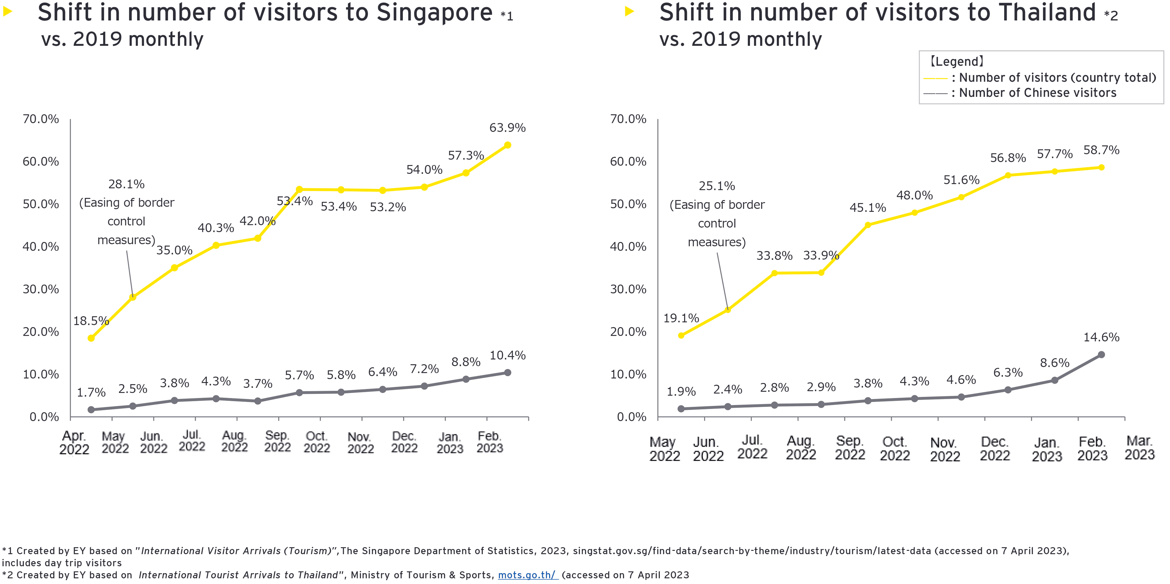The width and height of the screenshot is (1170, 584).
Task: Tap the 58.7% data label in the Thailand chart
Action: tap(1101, 150)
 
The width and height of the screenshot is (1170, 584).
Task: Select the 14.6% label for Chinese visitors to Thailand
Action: tap(1101, 337)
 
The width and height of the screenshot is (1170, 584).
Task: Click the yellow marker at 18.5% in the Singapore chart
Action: tap(91, 338)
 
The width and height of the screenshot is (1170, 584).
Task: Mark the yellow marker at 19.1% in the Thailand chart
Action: tap(681, 335)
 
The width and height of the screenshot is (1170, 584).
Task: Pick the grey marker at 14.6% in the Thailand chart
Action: tap(1101, 355)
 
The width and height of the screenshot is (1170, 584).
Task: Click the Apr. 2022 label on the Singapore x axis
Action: tap(74, 442)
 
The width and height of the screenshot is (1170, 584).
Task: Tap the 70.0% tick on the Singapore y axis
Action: tap(41, 119)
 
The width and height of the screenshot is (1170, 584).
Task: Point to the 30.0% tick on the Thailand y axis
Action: tap(628, 289)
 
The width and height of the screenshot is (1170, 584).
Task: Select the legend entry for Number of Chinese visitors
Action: tap(1037, 93)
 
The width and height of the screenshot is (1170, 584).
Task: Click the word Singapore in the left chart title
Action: tap(434, 12)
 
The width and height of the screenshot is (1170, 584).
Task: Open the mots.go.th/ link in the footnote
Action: tap(528, 575)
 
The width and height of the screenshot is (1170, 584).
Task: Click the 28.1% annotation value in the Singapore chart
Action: tap(126, 184)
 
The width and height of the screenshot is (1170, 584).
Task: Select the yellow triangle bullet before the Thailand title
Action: tap(629, 11)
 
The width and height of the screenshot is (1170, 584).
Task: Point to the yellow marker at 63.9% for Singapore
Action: tap(507, 145)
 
